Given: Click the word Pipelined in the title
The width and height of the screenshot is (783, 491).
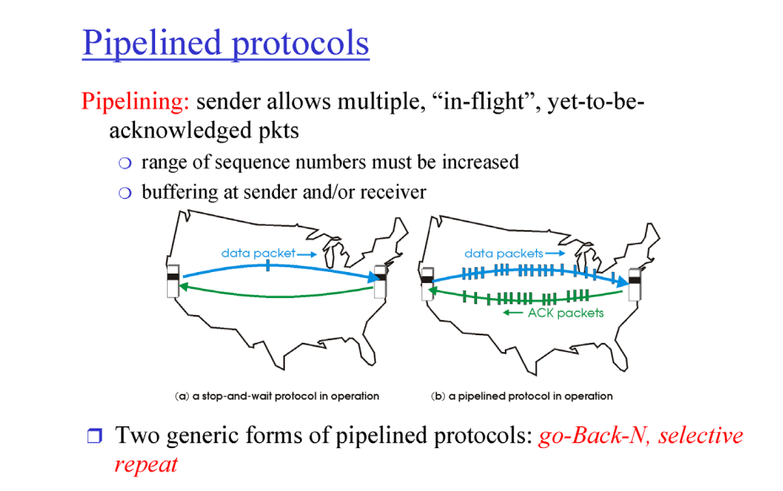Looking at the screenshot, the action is [x=153, y=43].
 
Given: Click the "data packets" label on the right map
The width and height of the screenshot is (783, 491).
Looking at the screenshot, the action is [x=503, y=253].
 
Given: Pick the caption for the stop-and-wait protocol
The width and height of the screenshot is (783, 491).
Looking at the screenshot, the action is [x=276, y=396].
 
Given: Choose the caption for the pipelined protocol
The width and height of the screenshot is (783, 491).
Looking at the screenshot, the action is [x=521, y=396].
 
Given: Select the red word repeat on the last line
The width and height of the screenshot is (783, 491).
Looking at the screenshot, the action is [x=146, y=464].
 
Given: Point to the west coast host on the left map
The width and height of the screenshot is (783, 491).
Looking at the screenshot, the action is [x=173, y=279].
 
